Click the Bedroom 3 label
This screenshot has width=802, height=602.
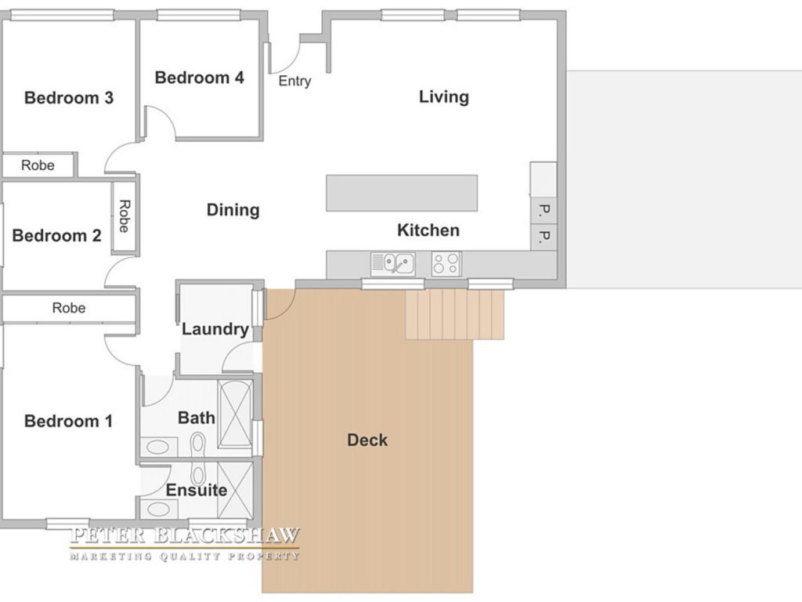coord(69,98)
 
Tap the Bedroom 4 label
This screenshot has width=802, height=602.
coord(200,78)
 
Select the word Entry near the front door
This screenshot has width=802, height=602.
coord(294,81)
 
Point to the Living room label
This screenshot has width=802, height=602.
coord(444,96)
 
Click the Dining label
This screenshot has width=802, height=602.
coord(233,210)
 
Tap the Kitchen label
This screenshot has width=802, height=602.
coord(428,230)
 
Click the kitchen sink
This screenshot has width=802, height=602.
coord(393,264)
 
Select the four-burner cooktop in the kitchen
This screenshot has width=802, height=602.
coord(446,264)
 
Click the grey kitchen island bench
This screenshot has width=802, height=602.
coord(402,193)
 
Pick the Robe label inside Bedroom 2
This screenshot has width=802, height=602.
coord(125,216)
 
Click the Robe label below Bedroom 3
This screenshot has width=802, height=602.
coord(38,165)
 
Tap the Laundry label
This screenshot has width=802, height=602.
coord(215,329)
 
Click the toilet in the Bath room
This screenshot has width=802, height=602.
coord(197,445)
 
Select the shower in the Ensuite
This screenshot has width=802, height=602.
coord(235,491)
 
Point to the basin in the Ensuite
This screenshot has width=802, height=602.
coord(158,510)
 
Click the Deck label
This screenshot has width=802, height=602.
coord(367,441)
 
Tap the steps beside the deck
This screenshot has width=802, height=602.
coord(455,314)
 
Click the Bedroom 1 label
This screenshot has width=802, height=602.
coord(69,421)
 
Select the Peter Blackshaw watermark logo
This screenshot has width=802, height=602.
coord(184,544)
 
